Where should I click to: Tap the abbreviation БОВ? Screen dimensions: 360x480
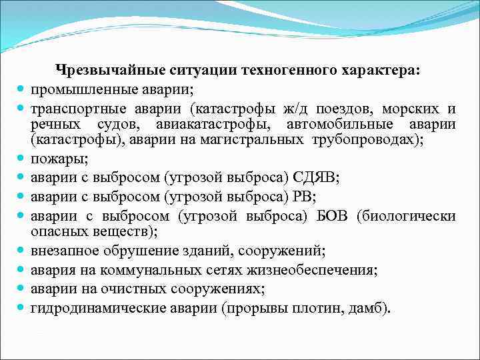coord(333,215)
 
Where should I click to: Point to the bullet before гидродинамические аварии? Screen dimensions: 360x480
coord(22,309)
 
